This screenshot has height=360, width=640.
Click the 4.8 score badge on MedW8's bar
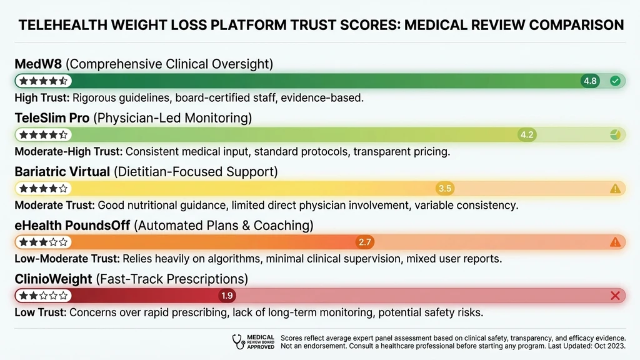point(590,81)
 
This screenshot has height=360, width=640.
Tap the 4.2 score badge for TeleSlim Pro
point(527,134)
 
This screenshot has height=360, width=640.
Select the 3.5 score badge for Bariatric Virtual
point(445,188)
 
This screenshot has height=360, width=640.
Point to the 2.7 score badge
point(364,242)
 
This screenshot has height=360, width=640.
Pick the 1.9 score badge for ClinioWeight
point(227,296)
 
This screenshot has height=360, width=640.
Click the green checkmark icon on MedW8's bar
point(615,81)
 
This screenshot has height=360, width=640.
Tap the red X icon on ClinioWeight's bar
point(615,296)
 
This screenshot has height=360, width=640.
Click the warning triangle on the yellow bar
point(615,188)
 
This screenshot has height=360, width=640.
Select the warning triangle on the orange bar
point(615,242)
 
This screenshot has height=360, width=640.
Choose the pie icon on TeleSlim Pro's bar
point(615,134)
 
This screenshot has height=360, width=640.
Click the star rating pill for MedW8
point(43,81)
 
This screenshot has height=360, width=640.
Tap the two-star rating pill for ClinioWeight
point(43,296)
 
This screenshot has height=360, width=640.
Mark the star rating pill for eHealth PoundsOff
point(43,242)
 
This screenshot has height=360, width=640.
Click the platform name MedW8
point(37,64)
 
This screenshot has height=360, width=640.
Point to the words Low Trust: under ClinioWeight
point(39,312)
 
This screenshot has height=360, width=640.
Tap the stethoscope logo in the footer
point(239,341)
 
